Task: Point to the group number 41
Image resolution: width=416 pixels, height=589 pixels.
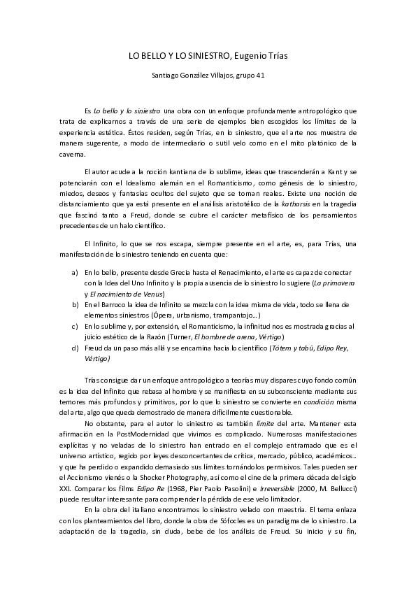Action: click(259, 75)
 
